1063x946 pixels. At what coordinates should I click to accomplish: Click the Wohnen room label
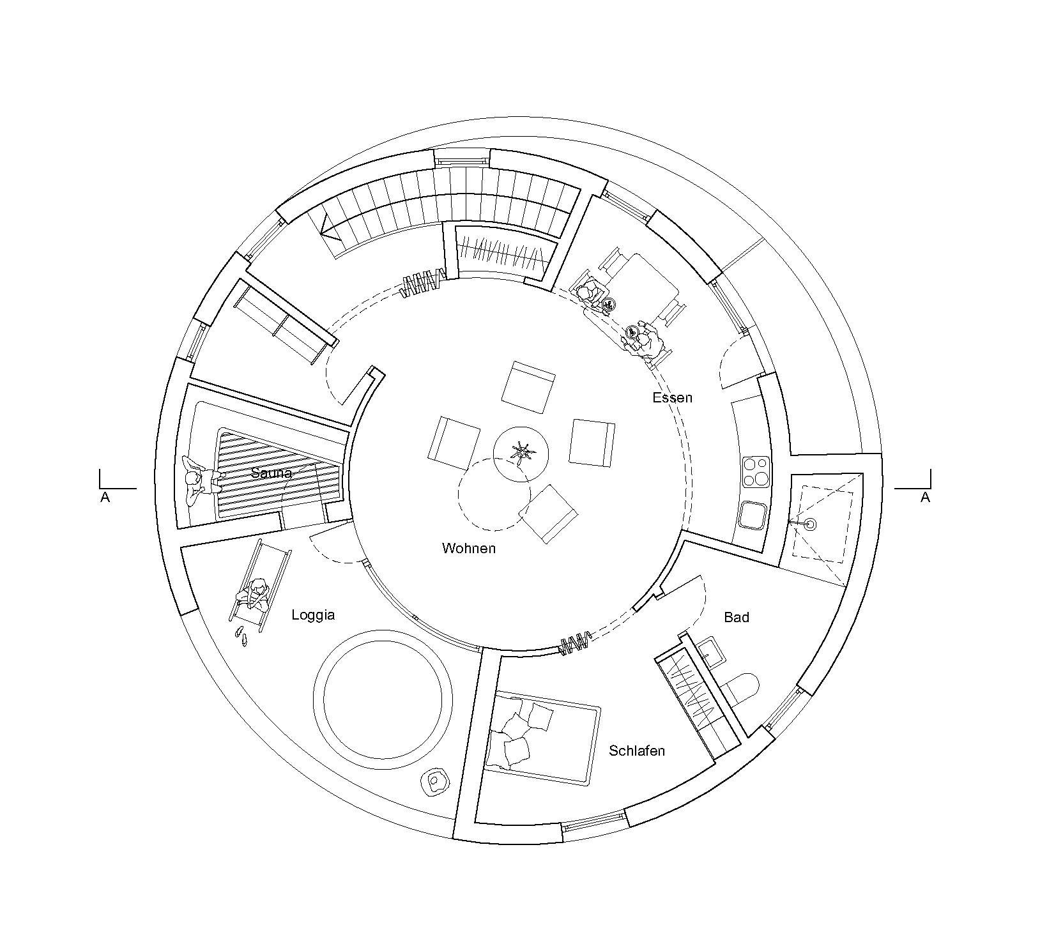point(468,548)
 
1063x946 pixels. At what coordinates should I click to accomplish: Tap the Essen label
point(672,397)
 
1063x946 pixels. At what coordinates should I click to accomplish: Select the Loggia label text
point(313,615)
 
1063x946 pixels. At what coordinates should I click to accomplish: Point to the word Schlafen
point(637,751)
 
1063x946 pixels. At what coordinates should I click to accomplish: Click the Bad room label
point(737,617)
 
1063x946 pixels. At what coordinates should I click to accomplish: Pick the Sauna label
point(271,473)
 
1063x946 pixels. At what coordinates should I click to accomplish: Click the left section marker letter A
point(105,498)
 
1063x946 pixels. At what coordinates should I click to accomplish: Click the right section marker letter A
point(925,498)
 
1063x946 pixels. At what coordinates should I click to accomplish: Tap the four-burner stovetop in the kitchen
point(756,471)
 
